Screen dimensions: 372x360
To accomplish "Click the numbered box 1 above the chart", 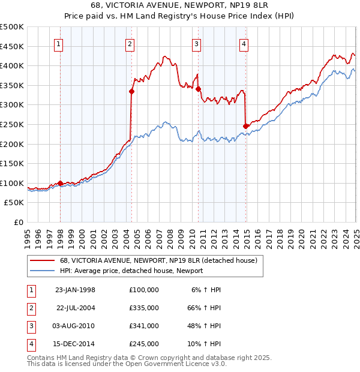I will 58,43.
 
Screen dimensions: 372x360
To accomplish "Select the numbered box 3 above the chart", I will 196,43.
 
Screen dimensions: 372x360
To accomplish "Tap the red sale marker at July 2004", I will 131,92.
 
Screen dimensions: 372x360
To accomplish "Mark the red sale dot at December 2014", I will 245,126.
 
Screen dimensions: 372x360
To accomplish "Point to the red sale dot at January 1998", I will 61,183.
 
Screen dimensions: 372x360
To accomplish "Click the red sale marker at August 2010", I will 198,89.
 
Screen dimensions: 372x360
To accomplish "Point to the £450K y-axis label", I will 12,46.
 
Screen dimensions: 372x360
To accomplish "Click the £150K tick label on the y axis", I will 12,163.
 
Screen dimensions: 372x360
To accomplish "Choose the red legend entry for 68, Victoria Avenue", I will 158,260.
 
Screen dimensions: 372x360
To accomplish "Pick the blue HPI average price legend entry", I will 131,271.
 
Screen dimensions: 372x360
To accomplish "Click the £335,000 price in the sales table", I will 143,308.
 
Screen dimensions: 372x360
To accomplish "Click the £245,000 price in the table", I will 143,344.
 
